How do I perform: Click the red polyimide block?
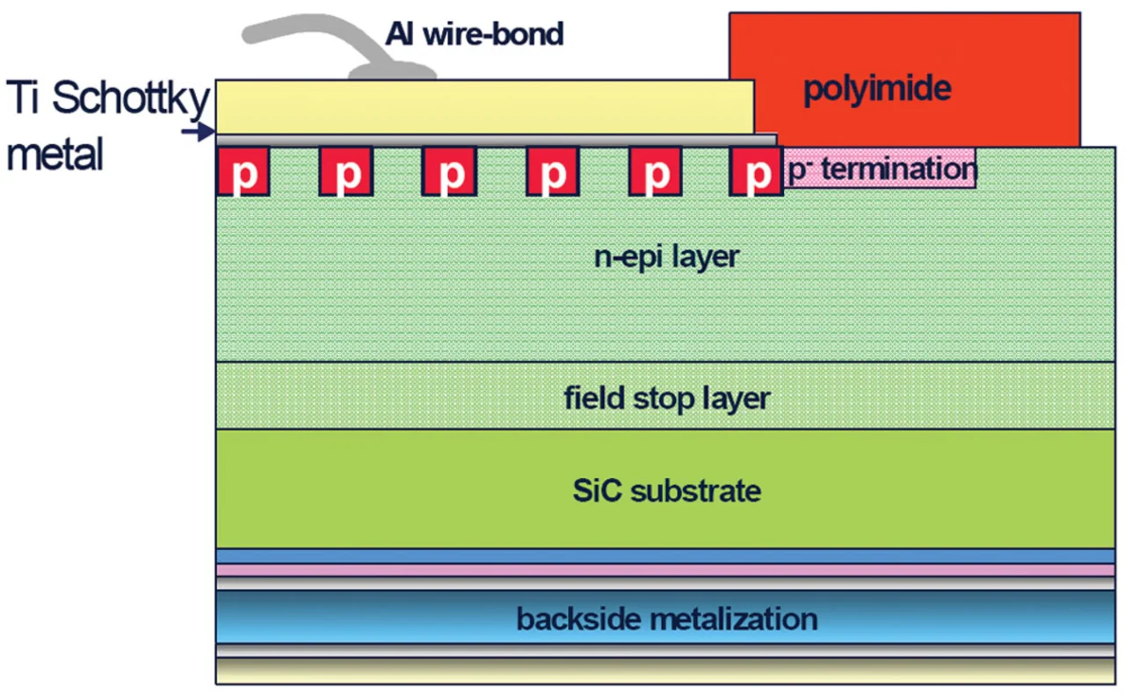[904, 79]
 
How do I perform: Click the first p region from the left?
[243, 172]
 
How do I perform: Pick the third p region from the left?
[449, 172]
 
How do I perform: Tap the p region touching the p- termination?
[757, 172]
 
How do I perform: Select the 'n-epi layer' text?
[667, 257]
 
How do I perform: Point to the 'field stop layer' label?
[667, 398]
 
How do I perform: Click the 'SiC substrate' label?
[667, 489]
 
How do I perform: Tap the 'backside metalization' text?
[667, 619]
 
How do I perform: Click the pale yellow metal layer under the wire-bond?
[483, 106]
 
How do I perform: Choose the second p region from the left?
[345, 172]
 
